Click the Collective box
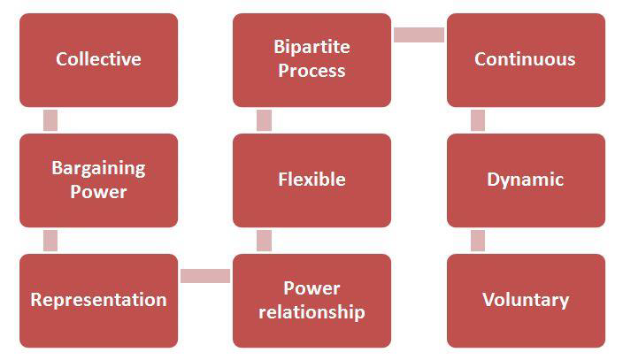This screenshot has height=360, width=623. (98, 60)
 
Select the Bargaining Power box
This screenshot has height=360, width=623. (98, 180)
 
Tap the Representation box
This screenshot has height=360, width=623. (98, 300)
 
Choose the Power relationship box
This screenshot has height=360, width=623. (311, 300)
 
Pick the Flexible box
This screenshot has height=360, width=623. (311, 180)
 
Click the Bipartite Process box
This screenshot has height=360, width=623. (311, 60)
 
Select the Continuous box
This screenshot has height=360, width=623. (525, 60)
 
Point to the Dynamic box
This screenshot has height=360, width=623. (525, 180)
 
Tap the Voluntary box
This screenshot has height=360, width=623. (525, 300)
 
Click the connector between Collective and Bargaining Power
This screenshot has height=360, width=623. (50, 120)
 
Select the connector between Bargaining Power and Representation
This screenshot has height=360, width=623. (50, 241)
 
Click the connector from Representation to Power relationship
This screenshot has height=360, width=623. (205, 276)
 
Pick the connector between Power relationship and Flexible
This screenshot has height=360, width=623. (264, 241)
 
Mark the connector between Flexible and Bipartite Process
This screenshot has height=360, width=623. (264, 120)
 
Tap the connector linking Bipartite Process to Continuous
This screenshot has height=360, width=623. (419, 35)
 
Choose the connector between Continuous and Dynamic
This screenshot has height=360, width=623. (478, 120)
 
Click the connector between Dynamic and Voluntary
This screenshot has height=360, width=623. (478, 241)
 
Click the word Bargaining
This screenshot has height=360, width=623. (98, 169)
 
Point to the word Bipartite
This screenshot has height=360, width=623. (311, 48)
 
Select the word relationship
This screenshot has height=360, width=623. (311, 312)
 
